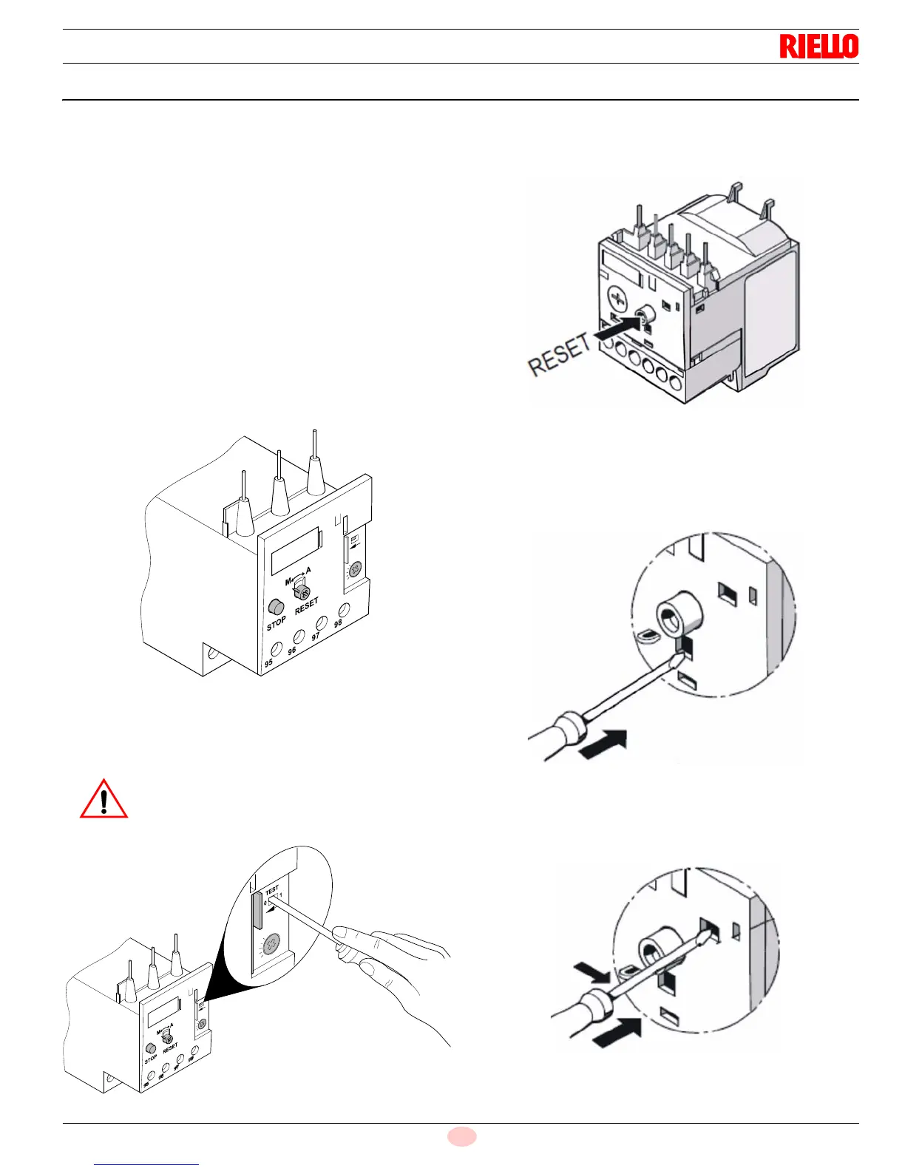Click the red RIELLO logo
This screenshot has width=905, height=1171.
click(x=818, y=47)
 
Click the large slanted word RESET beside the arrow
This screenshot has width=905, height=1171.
click(x=560, y=354)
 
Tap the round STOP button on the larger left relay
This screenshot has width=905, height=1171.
click(x=276, y=607)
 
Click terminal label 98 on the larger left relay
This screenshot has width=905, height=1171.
click(x=338, y=623)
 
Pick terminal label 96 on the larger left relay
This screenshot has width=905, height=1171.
click(x=292, y=651)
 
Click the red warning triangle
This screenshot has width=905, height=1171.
click(x=104, y=800)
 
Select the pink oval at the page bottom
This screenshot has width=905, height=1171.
click(x=462, y=1136)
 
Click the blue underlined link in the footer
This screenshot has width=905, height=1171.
click(x=146, y=1164)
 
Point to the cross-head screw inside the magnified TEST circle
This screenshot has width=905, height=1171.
click(x=272, y=944)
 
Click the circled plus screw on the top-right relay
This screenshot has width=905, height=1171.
click(x=617, y=299)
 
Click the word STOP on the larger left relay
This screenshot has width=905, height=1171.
click(x=276, y=624)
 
